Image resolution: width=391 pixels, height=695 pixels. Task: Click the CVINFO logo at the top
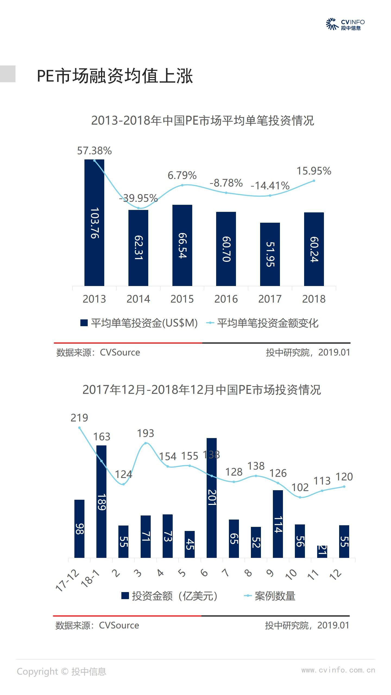[x=345, y=24]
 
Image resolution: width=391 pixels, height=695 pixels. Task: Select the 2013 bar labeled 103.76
[x=94, y=223]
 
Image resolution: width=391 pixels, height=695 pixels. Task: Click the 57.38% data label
[x=94, y=151]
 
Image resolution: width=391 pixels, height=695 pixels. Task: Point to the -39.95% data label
[x=138, y=198]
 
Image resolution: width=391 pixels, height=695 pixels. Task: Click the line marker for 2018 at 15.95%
[x=314, y=181]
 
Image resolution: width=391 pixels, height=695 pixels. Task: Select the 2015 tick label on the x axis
[x=182, y=299]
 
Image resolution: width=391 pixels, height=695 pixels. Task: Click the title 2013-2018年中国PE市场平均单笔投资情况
[x=203, y=121]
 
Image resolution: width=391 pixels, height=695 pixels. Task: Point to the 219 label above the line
[x=79, y=418]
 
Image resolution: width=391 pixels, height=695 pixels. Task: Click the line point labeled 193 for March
[x=146, y=443]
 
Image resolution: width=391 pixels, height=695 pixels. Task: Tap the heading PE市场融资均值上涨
[x=115, y=76]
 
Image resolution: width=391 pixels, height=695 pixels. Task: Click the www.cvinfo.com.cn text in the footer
[x=338, y=670]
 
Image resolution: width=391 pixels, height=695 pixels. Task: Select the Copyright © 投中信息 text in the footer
[x=61, y=671]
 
